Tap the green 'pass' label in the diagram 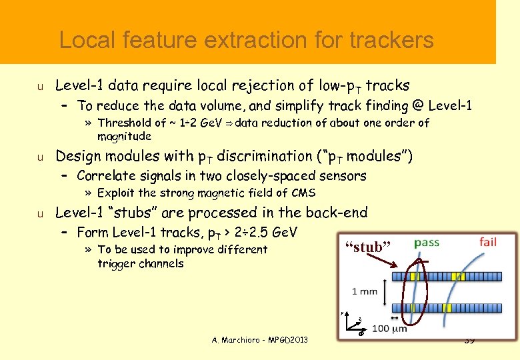[426, 242]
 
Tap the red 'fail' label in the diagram [487, 241]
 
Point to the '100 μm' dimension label [389, 329]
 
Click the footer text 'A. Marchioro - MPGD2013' [260, 340]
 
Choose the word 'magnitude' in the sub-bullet [125, 136]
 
